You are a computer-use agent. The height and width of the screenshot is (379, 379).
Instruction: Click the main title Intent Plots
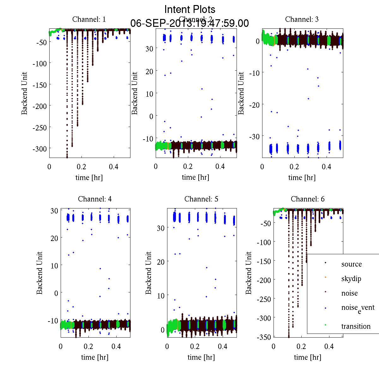tap(190, 9)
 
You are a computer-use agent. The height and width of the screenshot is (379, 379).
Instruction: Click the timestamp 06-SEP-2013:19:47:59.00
tap(189, 23)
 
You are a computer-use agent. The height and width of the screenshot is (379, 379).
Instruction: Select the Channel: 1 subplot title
tap(89, 19)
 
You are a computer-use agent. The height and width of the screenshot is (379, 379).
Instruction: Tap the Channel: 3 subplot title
tap(302, 19)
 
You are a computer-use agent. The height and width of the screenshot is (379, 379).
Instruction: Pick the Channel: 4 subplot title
tap(95, 199)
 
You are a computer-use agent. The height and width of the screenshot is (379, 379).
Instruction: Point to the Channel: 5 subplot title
tap(201, 199)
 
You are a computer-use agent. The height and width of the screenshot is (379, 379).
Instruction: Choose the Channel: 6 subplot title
tap(308, 199)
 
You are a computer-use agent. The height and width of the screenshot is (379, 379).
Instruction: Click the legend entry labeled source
tap(352, 264)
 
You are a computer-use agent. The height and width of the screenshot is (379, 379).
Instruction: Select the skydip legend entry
tap(351, 279)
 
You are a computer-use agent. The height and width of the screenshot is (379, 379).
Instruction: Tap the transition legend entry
tap(356, 326)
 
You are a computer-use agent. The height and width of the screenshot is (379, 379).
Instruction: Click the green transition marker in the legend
tap(325, 325)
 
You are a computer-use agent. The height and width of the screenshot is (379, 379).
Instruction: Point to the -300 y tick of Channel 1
tap(39, 149)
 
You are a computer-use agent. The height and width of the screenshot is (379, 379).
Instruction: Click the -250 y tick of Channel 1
tap(39, 128)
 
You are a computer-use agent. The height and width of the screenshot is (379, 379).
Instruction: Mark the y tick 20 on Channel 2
tap(149, 71)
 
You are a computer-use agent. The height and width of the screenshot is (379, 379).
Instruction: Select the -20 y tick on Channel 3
tap(254, 105)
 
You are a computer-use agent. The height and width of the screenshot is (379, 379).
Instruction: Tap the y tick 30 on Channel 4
tap(54, 211)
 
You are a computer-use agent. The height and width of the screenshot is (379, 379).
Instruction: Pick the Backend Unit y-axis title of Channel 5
tap(149, 273)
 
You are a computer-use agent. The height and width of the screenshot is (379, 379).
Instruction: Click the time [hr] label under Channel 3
tap(302, 177)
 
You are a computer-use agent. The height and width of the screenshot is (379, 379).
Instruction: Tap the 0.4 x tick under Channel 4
tap(116, 346)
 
